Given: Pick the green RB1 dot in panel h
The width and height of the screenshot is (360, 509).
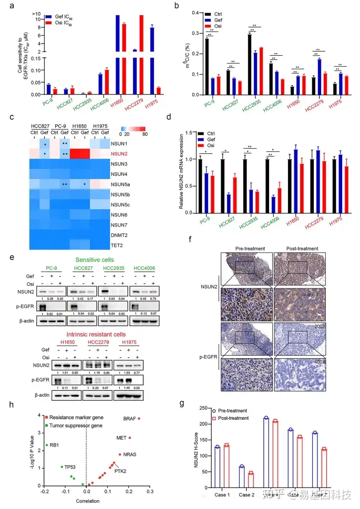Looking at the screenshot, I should click(46, 445).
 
